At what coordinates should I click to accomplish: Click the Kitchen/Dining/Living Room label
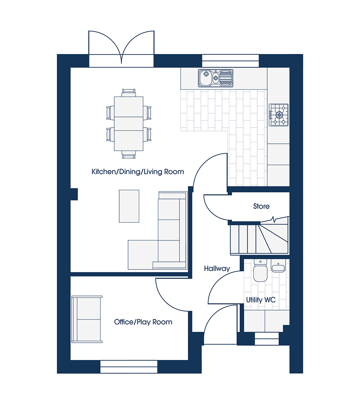[x=138, y=172]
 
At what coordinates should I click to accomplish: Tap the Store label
[x=261, y=206]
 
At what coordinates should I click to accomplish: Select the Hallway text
[x=217, y=269]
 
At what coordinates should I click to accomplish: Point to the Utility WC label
[x=261, y=300]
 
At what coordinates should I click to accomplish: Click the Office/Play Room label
[x=143, y=322]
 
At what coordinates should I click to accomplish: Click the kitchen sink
[x=215, y=78]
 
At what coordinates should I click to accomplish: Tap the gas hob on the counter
[x=279, y=115]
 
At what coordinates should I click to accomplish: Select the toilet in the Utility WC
[x=260, y=270]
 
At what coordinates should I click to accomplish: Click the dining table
[x=129, y=123]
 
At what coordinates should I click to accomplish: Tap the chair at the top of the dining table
[x=129, y=93]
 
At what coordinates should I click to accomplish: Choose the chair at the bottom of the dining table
[x=129, y=155]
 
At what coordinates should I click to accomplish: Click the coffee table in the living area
[x=129, y=206]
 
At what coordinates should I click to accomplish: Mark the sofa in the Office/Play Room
[x=87, y=319]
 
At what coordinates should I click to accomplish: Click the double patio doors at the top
[x=121, y=49]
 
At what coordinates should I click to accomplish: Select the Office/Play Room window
[x=129, y=367]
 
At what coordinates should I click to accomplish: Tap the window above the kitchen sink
[x=230, y=61]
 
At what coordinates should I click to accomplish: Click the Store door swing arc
[x=211, y=211]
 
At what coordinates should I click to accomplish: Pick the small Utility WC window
[x=266, y=339]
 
